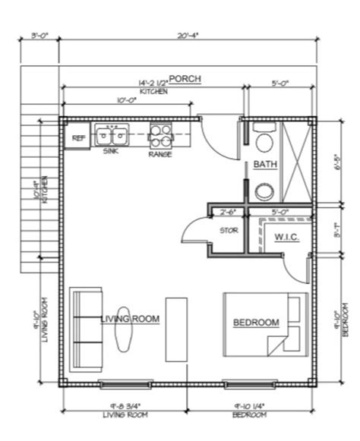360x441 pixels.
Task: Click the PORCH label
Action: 185,79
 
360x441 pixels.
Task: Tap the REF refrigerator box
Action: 77,138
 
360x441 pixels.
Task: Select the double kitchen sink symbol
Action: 111,136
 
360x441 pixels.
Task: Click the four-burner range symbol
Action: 160,136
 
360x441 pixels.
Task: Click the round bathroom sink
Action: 264,191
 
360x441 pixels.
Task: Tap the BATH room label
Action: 265,164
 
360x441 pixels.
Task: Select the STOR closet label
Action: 229,230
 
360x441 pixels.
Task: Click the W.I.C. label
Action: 286,237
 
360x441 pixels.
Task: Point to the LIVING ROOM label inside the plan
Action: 130,320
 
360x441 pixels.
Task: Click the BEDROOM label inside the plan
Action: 256,323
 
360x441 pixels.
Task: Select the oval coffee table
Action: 122,334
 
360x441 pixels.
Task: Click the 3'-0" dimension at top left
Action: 42,36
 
